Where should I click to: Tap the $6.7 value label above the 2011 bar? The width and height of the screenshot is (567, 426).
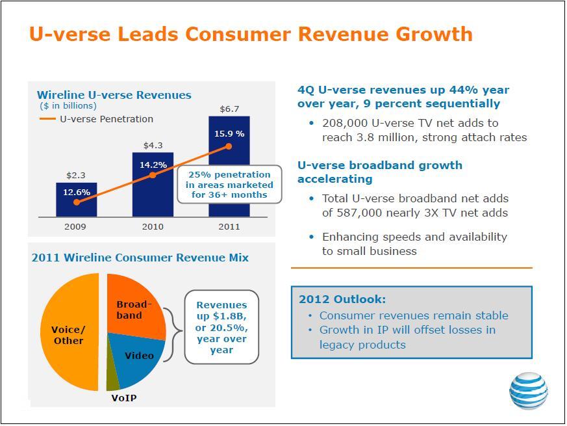(229, 109)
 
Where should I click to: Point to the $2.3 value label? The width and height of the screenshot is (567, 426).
(76, 176)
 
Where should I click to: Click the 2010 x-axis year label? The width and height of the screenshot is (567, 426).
(153, 227)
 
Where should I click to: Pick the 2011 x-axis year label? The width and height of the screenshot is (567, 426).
(229, 227)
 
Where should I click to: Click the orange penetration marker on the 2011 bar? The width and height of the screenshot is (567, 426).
(229, 146)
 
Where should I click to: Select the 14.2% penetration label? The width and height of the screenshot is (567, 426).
(153, 165)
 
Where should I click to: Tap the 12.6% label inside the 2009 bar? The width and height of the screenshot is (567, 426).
(77, 192)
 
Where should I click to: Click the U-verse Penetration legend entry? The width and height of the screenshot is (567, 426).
(96, 119)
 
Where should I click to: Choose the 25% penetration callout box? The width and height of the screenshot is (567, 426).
(229, 184)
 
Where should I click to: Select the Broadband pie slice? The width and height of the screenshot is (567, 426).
(134, 308)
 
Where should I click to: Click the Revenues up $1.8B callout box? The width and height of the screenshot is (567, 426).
(221, 327)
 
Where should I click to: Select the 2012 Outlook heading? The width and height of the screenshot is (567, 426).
(342, 299)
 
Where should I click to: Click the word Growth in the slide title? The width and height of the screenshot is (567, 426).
(434, 34)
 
